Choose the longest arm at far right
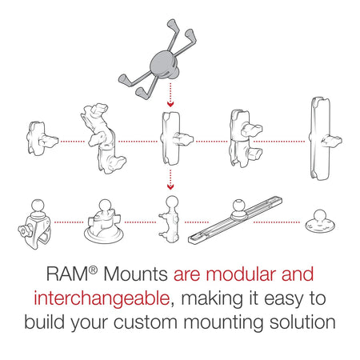tap(316, 138)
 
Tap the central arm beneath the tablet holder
tap(170, 138)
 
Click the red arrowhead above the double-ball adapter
tap(170, 185)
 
